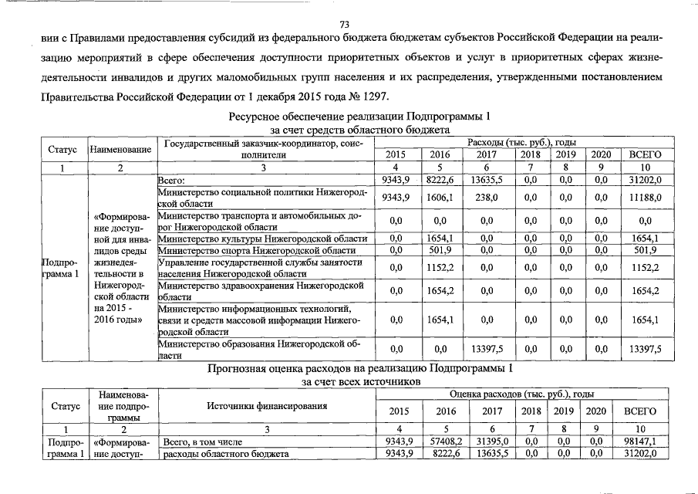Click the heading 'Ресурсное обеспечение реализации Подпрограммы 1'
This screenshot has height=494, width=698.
[x=359, y=117]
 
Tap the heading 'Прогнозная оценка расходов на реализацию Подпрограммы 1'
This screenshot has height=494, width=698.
[x=359, y=368]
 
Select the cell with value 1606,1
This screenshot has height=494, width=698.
[x=443, y=198]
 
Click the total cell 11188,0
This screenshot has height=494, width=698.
[x=645, y=198]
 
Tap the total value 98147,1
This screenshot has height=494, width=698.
[x=641, y=442]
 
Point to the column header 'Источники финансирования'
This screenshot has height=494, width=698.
[x=268, y=405]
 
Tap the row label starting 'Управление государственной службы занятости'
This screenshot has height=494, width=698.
[x=259, y=268]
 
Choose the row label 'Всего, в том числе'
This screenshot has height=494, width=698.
[x=204, y=442]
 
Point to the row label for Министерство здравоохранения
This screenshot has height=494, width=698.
[x=259, y=291]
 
